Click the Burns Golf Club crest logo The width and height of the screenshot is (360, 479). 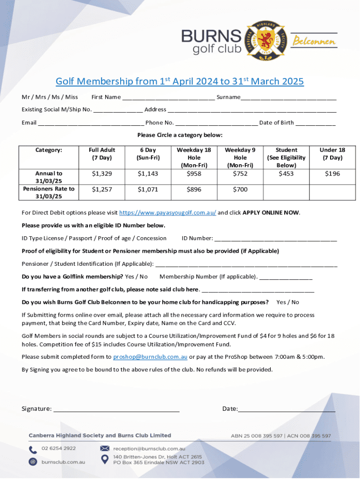(x=266, y=40)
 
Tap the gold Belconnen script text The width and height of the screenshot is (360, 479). (x=314, y=42)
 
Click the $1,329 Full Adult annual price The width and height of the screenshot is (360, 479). (x=102, y=174)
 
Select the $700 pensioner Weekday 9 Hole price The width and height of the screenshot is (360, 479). (x=240, y=189)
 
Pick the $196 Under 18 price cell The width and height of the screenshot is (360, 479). (x=332, y=174)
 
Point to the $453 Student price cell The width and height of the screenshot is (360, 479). (x=286, y=174)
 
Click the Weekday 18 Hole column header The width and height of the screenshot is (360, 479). (x=194, y=158)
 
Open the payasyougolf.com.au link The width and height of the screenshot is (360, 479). (x=167, y=212)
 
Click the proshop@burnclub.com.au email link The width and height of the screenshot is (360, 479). (x=150, y=357)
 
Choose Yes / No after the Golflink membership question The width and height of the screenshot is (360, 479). (x=137, y=276)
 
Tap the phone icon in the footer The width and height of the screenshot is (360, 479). (x=33, y=450)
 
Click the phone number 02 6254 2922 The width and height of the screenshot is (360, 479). (x=58, y=448)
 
